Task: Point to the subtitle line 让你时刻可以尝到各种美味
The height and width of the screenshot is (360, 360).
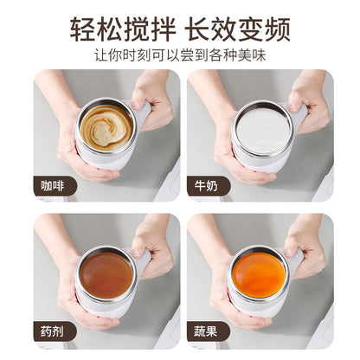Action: (x=180, y=55)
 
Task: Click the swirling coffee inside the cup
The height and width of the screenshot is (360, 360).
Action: (x=106, y=126)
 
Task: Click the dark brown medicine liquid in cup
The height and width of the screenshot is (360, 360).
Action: (x=106, y=274)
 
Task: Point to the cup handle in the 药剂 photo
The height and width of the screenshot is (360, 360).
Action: (x=142, y=258)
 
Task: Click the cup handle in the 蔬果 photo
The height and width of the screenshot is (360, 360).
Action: (x=296, y=258)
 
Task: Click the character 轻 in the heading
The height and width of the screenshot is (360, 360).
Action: (x=83, y=28)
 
